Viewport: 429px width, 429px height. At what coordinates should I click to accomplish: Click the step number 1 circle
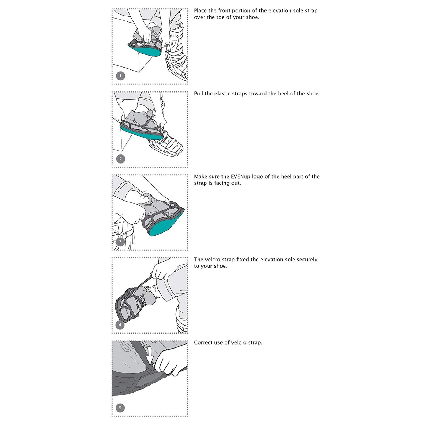[120, 76]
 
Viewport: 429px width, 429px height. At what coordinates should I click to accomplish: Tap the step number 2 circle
[120, 159]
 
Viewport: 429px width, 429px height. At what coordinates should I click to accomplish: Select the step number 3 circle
[120, 242]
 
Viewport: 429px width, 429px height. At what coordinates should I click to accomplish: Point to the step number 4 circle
[120, 325]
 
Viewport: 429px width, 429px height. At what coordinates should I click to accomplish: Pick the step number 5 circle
[120, 408]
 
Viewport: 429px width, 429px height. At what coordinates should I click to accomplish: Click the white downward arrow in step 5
[150, 355]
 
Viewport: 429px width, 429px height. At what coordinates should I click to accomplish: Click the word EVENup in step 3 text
[240, 176]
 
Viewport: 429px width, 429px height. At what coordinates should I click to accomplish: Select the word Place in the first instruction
[200, 11]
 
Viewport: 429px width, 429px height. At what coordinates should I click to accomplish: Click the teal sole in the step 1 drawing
[145, 51]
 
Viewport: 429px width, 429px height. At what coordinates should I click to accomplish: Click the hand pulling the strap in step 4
[161, 271]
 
